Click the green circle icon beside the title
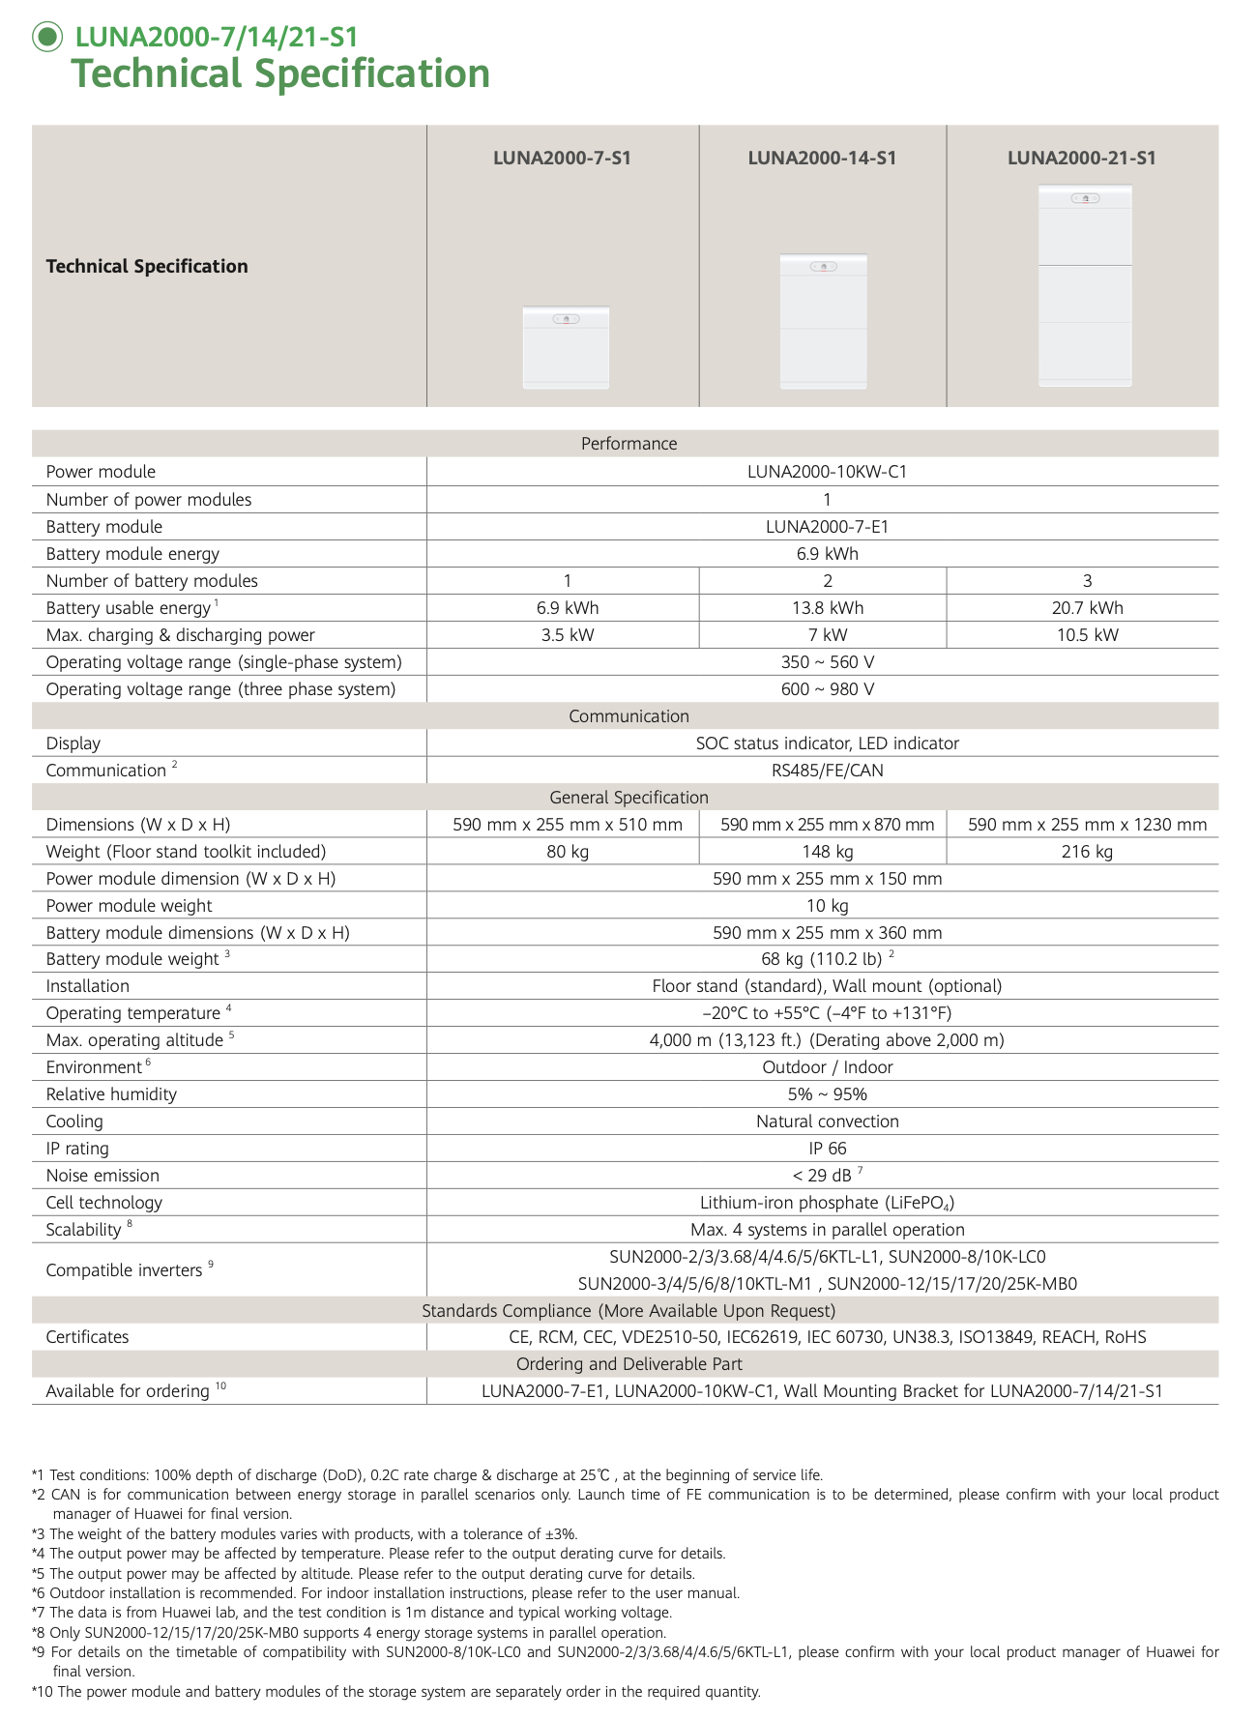46,37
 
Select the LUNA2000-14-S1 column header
822,158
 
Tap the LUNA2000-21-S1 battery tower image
1084,285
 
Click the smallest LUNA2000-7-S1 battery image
566,347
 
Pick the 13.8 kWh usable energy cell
827,608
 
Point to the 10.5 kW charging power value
1087,635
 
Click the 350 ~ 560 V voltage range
827,662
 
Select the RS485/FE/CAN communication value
827,771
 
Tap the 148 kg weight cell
827,852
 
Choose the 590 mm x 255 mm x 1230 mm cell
1087,825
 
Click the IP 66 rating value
827,1149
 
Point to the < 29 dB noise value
822,1176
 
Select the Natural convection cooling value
827,1122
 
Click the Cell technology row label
104,1203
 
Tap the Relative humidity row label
111,1094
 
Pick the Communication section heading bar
628,716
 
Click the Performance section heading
628,444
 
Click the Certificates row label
87,1337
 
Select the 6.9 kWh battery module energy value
827,554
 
